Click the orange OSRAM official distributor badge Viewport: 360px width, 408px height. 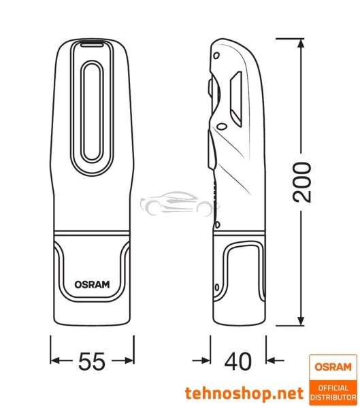coord(332,377)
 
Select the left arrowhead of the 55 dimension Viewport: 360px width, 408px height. coord(56,361)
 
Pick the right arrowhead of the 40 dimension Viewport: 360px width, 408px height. coord(270,361)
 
